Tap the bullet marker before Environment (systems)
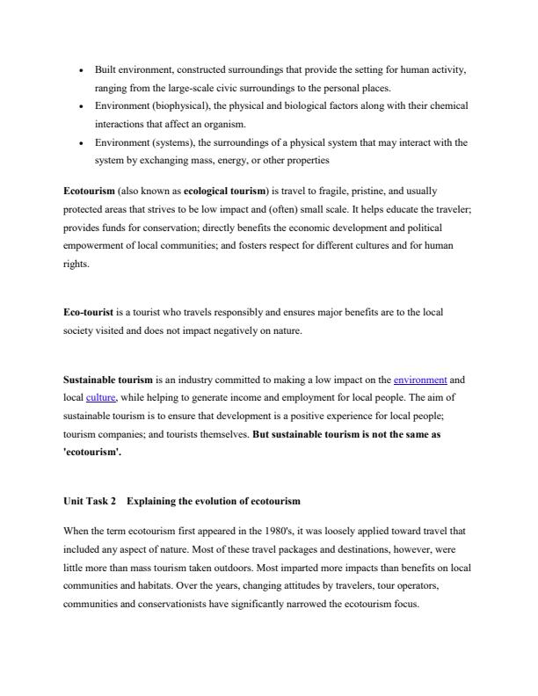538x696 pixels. tap(82, 142)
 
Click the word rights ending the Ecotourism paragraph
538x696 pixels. tap(76, 265)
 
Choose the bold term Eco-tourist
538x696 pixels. tap(89, 312)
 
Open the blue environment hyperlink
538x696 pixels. tap(420, 380)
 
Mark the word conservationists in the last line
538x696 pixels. tap(149, 604)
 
